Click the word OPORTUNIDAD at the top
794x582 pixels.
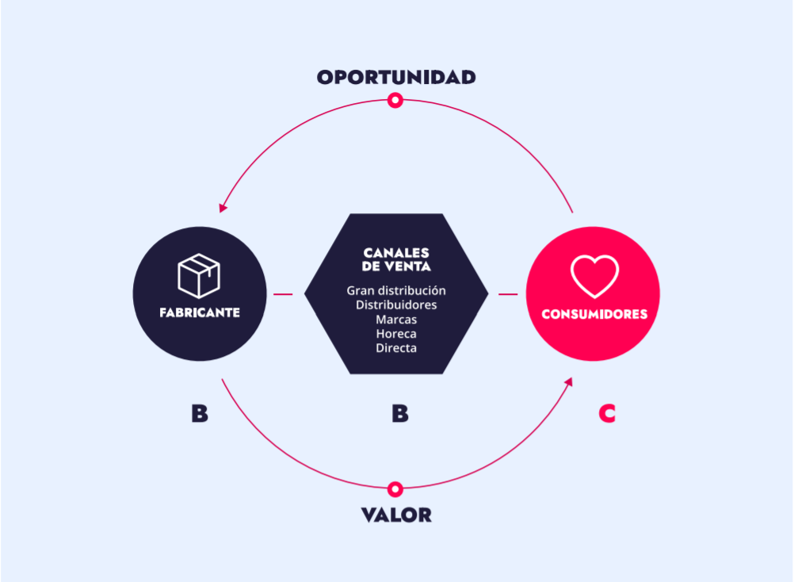[x=396, y=77]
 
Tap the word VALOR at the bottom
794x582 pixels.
[x=396, y=515]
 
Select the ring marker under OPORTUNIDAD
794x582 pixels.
[x=395, y=100]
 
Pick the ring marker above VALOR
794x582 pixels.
[x=396, y=488]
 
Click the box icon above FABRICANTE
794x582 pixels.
[x=199, y=276]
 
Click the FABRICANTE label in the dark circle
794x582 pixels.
[x=199, y=312]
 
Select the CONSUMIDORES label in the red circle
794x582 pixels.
[x=594, y=314]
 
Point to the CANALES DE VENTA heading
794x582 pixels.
[x=396, y=260]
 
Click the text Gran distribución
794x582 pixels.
[x=396, y=291]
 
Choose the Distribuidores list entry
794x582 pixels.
[x=396, y=305]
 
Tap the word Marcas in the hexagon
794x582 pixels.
[x=396, y=320]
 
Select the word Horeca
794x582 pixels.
[x=396, y=334]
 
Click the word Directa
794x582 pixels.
[x=396, y=348]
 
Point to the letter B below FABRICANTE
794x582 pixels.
[x=200, y=413]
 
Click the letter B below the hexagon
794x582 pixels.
[x=400, y=413]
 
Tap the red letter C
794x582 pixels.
[x=607, y=413]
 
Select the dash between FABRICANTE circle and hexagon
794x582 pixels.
[x=283, y=294]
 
